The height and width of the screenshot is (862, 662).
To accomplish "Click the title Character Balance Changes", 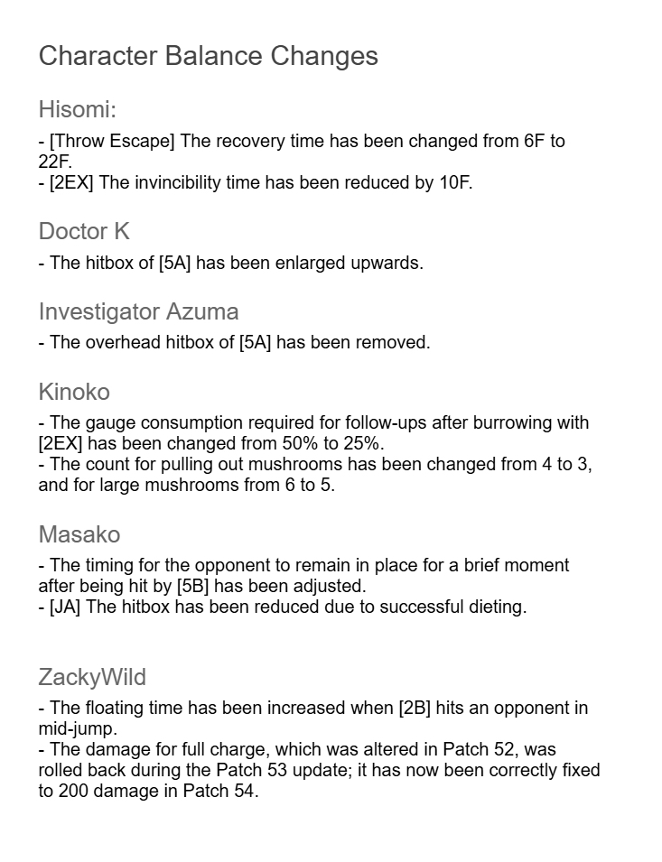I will [208, 56].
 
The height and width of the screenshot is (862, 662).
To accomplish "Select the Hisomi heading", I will [78, 110].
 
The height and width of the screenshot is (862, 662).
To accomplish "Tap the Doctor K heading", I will [84, 232].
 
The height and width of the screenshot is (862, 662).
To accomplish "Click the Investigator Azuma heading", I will [138, 312].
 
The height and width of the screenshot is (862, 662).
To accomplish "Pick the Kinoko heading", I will [74, 392].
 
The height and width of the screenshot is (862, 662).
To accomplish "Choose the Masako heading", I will [79, 534].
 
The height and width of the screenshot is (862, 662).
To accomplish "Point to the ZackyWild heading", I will [92, 677].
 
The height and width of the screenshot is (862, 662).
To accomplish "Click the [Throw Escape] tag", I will [113, 142].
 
